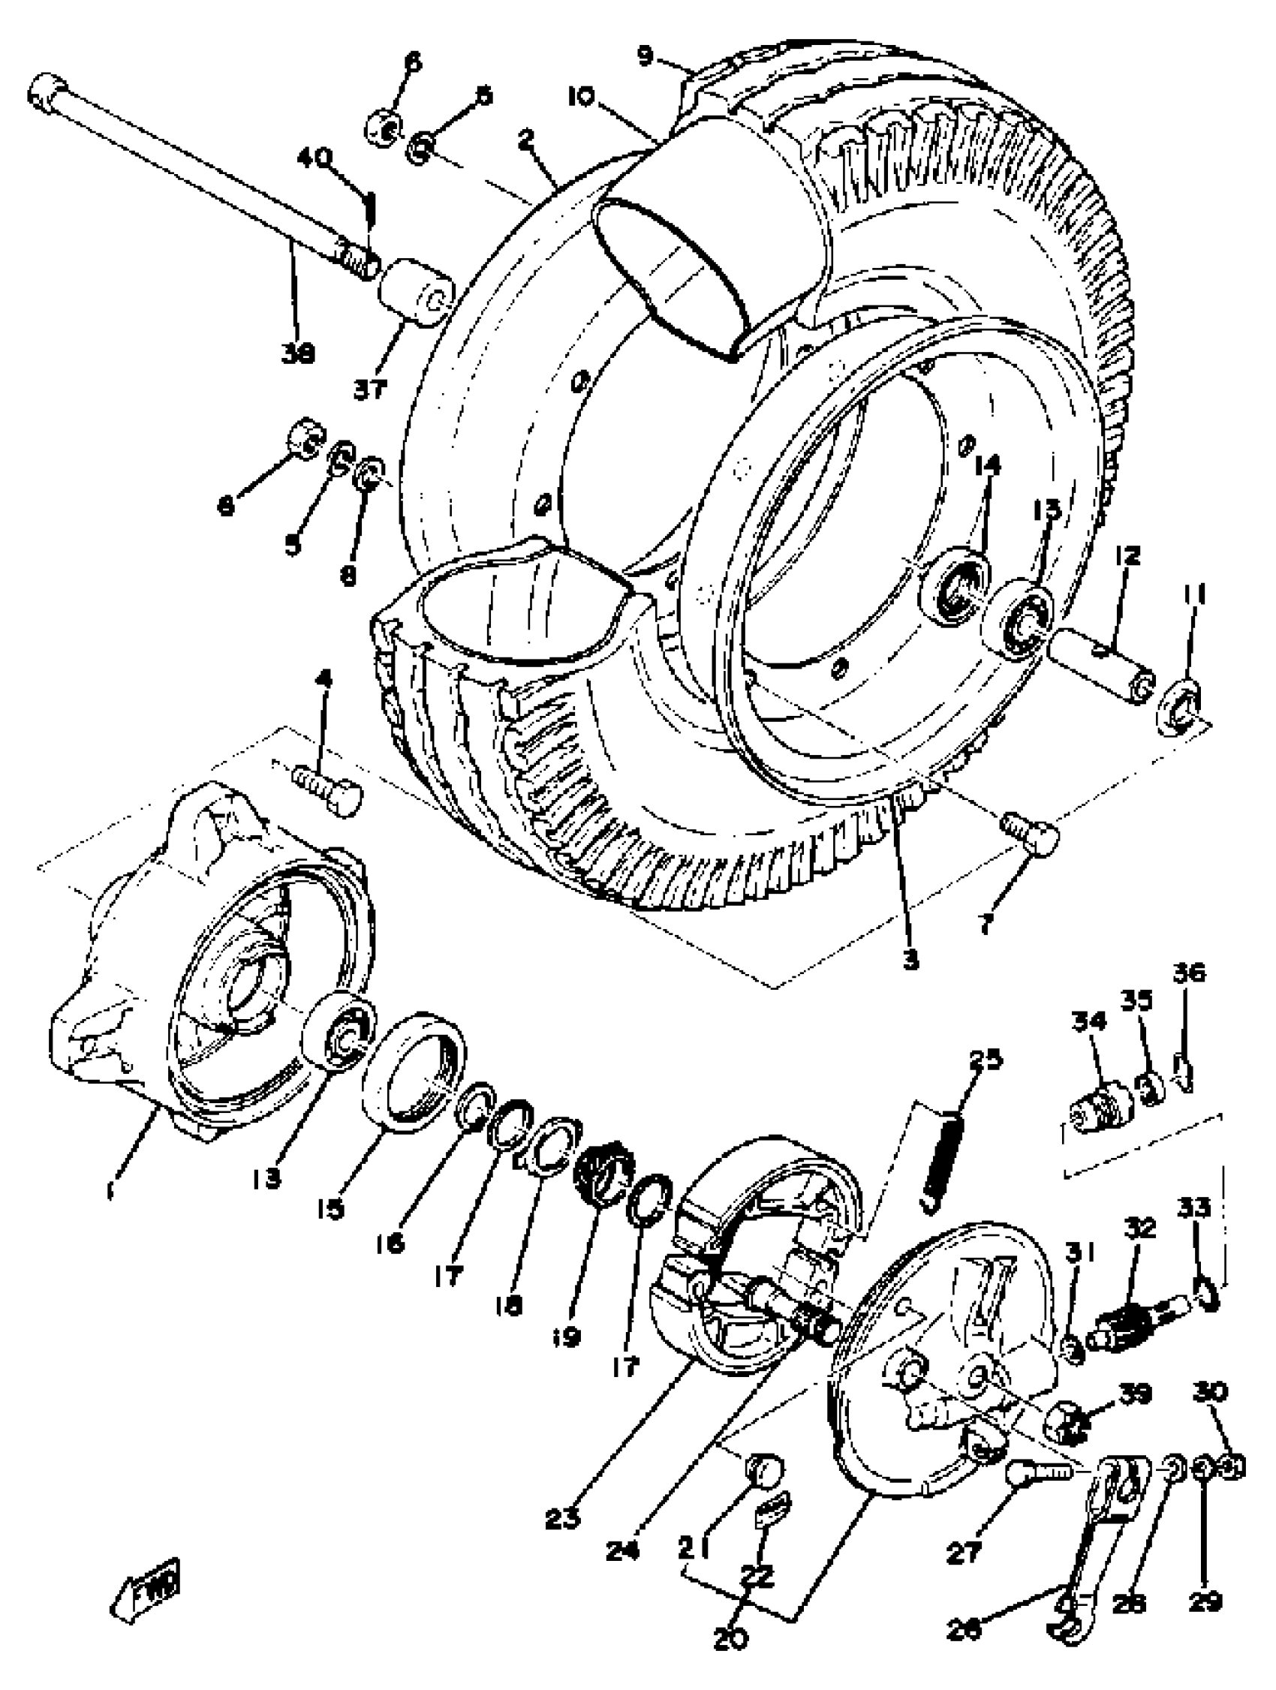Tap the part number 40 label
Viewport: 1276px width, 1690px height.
pos(314,158)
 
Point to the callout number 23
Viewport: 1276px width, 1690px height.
pos(562,1520)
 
